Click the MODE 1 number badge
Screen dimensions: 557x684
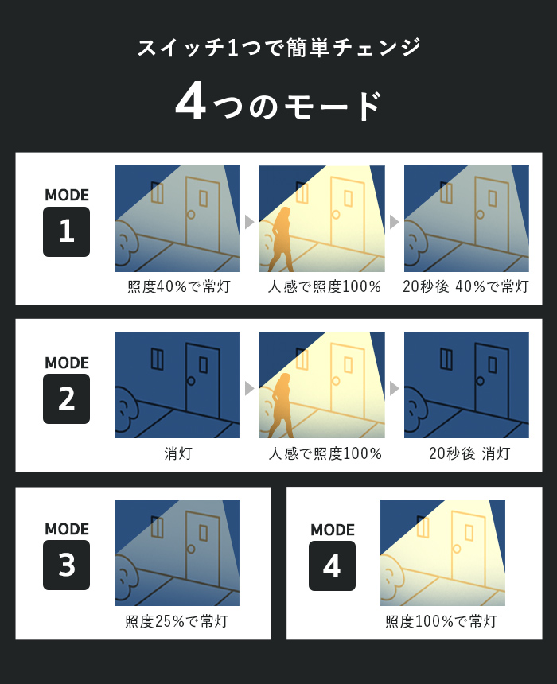coord(66,231)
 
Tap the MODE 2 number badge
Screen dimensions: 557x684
coord(66,398)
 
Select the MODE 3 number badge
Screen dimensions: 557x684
coord(66,565)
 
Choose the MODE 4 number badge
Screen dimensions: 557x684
coord(332,565)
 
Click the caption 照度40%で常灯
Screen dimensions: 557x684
coord(179,286)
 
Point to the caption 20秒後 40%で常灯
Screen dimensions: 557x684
coord(465,286)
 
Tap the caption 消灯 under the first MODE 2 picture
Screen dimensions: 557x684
coord(178,453)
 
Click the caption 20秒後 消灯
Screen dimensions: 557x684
coord(469,453)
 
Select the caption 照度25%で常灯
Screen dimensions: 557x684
coord(177,621)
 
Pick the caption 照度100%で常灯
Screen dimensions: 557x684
coord(442,621)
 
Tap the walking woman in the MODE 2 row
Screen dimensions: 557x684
coord(281,406)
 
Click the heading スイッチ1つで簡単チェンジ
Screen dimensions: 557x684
coord(279,47)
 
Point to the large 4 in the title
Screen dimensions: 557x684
coord(191,102)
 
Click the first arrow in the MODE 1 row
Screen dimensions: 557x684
coord(249,222)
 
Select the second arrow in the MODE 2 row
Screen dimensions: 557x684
coord(394,388)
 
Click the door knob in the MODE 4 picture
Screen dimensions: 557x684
coord(457,548)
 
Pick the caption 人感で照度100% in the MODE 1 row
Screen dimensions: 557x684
coord(325,286)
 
